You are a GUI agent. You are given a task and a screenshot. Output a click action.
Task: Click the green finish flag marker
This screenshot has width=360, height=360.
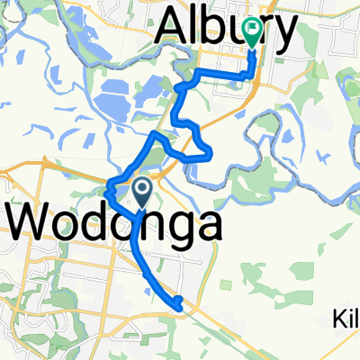click(x=250, y=32)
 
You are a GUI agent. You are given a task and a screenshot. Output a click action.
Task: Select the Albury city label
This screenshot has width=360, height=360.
click(x=226, y=31)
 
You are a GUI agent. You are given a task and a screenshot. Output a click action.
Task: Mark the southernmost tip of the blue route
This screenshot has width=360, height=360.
click(x=183, y=310)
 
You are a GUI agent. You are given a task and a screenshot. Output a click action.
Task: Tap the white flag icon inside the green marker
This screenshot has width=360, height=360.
click(x=250, y=30)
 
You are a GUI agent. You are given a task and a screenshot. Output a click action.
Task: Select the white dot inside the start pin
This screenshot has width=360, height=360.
click(x=142, y=187)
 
